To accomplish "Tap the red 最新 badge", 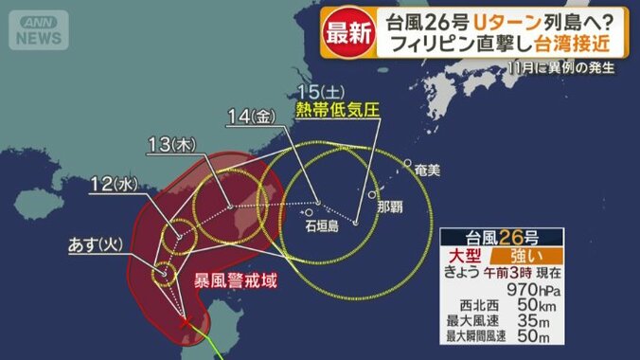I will pyautogui.click(x=347, y=30).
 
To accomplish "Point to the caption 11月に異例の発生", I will pyautogui.click(x=562, y=67).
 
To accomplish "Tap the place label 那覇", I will pyautogui.click(x=390, y=206).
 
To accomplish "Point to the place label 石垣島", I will pyautogui.click(x=323, y=227).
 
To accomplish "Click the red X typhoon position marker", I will pyautogui.click(x=185, y=324).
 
